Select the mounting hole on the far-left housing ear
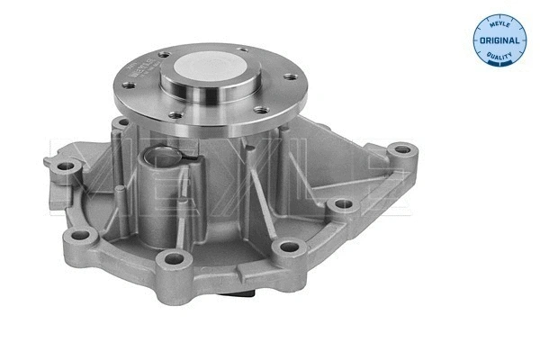point(64,167)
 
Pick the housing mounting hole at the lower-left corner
point(81,236)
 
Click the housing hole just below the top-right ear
point(342,204)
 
